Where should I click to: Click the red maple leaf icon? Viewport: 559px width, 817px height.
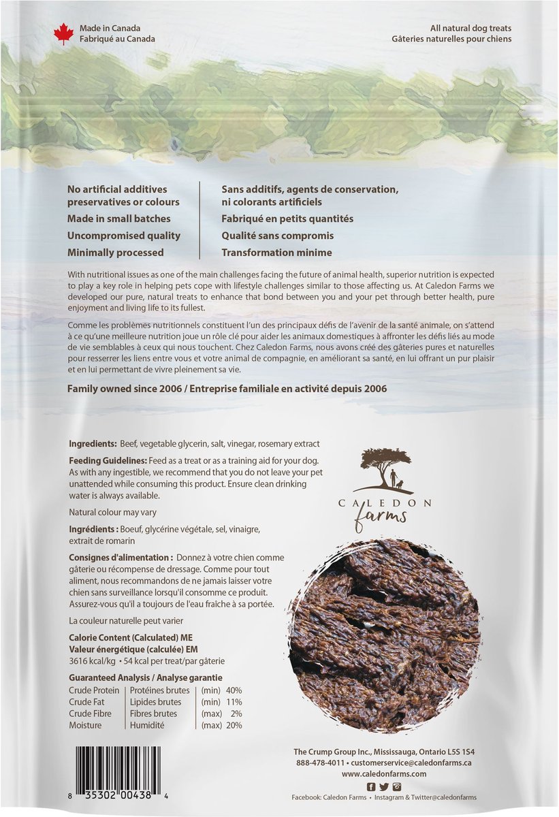coord(63,33)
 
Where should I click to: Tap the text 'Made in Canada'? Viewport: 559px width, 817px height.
coord(110,29)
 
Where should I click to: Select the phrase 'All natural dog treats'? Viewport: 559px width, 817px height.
coord(470,29)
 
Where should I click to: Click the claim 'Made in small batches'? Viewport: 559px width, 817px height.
coord(119,219)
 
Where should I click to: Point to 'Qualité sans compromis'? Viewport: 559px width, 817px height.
coord(278,236)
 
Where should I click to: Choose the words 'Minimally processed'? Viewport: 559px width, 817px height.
coord(116,253)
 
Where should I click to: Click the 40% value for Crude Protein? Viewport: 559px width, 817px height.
coord(235,690)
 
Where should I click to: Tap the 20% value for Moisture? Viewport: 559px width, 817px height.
coord(235,725)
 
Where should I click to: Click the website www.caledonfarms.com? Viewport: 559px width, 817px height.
coord(384,774)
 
